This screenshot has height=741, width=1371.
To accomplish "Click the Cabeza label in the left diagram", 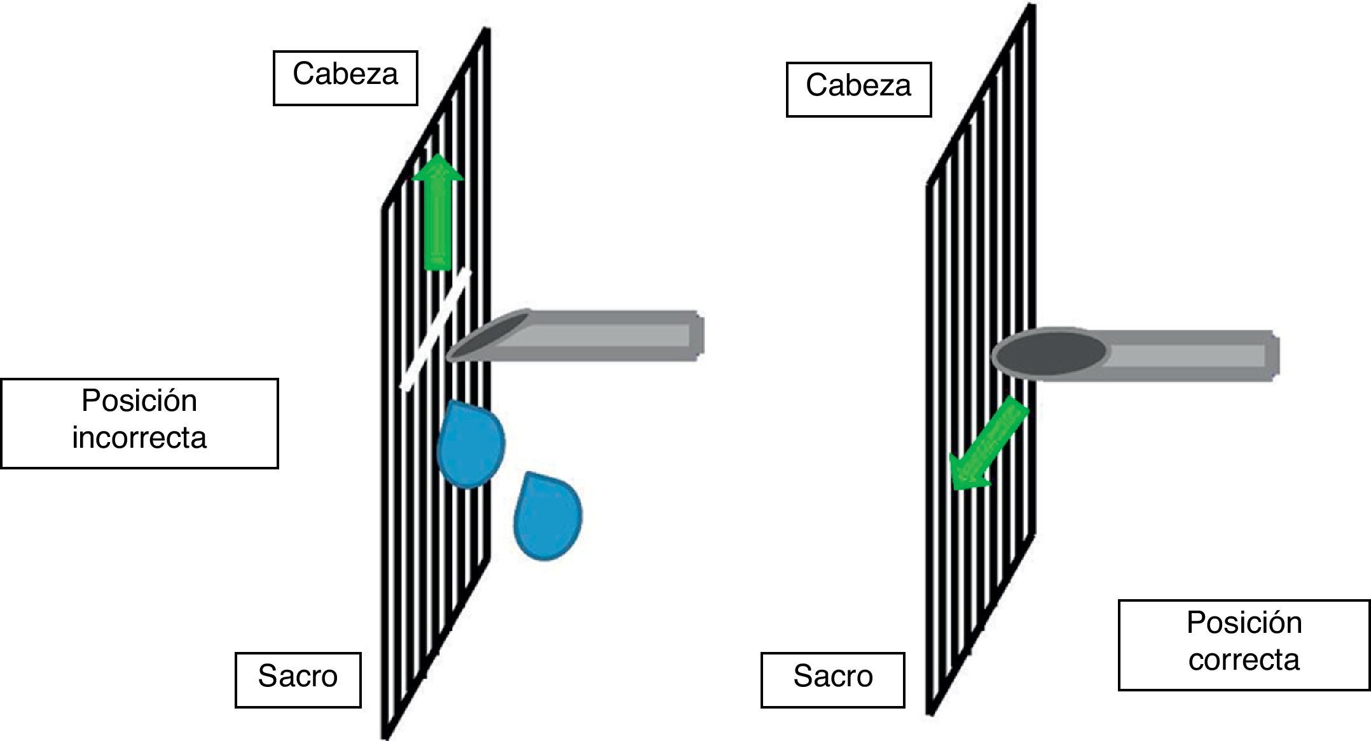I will point(345,74).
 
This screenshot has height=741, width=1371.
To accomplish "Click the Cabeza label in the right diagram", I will point(858,86).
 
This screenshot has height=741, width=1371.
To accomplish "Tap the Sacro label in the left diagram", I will point(298,676).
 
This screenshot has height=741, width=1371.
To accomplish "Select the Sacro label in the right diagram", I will point(832,676).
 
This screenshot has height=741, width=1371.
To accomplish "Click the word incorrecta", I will point(139,438).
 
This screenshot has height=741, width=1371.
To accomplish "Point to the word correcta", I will point(1244,660).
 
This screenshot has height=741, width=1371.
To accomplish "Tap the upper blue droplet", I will point(471,445).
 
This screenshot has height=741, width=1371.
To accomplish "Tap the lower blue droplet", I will point(548,516).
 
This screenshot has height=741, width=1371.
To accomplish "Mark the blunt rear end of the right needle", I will point(1273,356).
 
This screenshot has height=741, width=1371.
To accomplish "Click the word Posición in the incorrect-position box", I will point(139,401).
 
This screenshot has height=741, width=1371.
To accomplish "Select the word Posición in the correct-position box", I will point(1244,623).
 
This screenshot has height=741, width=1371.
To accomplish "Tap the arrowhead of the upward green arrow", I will point(437,168).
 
